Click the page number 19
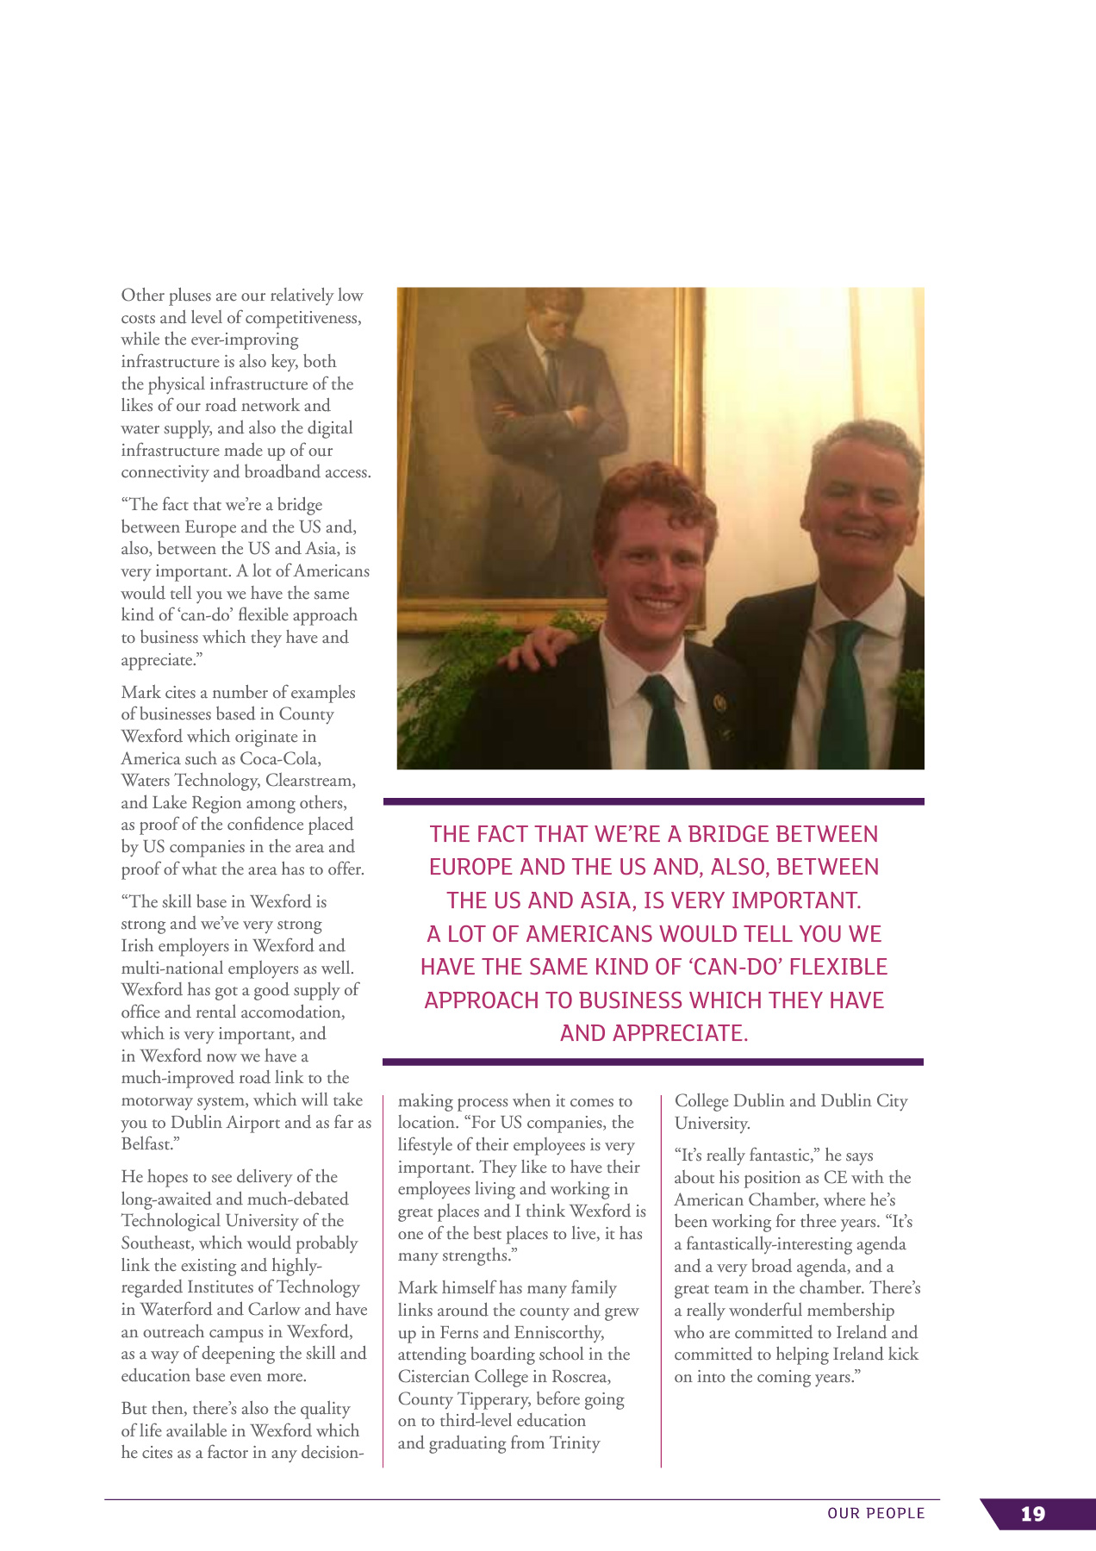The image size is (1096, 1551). (x=1032, y=1514)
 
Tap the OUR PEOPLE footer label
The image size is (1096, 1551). (x=875, y=1513)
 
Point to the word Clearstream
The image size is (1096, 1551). (x=309, y=781)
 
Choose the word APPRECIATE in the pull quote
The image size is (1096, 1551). (x=679, y=1033)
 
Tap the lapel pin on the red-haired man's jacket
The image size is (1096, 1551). (x=721, y=702)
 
